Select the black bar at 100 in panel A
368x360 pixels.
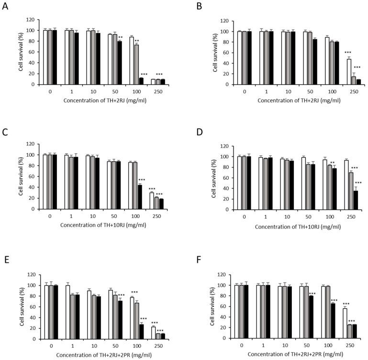click(142, 81)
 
